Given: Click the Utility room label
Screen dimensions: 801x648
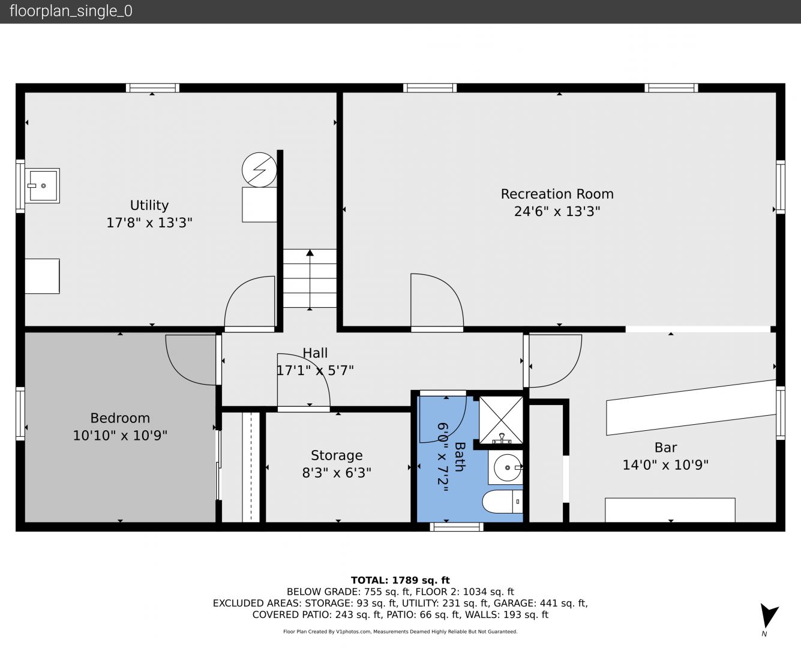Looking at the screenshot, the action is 149,205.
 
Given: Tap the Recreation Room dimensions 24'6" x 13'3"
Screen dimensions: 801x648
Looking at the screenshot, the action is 557,211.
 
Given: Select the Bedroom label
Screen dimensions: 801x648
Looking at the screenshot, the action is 120,418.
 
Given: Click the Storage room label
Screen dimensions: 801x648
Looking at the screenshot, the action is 337,455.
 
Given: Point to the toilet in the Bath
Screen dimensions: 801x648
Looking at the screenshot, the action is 502,502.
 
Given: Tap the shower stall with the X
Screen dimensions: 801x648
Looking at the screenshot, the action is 501,420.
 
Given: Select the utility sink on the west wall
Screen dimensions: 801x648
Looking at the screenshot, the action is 43,186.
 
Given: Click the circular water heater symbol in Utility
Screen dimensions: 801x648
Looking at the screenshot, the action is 259,170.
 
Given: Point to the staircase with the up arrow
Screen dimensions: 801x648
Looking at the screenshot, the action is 310,278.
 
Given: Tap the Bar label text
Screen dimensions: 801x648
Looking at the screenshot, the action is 665,448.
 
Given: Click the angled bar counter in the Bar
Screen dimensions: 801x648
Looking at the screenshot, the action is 691,407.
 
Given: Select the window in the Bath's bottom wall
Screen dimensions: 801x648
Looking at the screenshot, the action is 457,527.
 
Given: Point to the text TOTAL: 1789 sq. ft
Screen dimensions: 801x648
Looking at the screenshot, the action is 400,580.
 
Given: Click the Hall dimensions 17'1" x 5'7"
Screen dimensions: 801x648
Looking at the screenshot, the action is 315,371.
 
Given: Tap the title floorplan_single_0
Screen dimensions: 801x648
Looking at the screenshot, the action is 71,11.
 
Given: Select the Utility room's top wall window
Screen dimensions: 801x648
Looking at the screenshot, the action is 152,88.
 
